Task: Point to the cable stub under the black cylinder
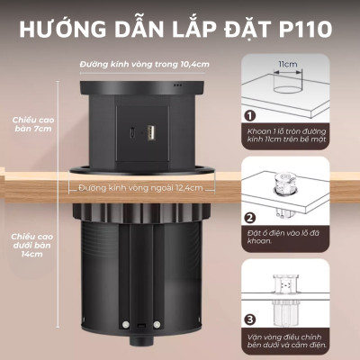tap(141, 343)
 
